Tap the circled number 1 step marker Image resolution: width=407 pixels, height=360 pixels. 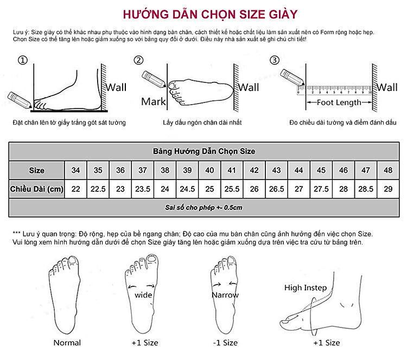click(x=22, y=60)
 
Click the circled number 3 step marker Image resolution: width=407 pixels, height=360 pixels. click(x=275, y=60)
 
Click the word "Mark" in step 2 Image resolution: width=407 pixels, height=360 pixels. click(x=154, y=101)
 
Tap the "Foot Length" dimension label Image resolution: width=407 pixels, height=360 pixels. click(x=339, y=102)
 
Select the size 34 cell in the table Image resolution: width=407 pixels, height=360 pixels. click(x=75, y=170)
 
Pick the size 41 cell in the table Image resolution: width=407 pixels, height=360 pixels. click(x=232, y=170)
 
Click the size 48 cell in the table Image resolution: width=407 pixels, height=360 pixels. click(x=388, y=170)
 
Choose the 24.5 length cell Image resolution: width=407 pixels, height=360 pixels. click(x=187, y=189)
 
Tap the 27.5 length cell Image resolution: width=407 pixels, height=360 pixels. click(x=321, y=189)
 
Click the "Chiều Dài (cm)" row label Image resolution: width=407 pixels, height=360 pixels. click(x=37, y=189)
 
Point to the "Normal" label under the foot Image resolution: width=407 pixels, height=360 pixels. click(x=67, y=343)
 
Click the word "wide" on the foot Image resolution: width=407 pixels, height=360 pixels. click(x=143, y=295)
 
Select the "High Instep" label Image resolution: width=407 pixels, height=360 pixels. click(x=306, y=288)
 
